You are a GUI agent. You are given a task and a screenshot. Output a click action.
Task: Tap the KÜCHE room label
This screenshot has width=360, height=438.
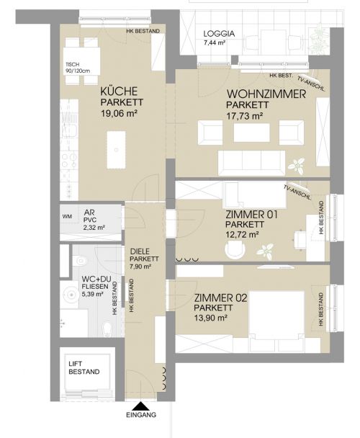click(119, 91)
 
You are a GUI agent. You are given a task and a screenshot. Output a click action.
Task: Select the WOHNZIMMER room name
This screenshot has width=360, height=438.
click(266, 94)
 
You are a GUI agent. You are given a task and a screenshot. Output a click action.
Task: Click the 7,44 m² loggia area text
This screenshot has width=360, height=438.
click(215, 43)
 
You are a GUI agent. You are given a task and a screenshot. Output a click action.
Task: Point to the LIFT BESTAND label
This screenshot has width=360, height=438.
click(84, 367)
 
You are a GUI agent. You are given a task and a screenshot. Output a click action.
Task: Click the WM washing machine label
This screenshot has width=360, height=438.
click(67, 216)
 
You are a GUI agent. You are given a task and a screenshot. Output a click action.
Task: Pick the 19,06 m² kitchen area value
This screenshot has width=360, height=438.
click(119, 113)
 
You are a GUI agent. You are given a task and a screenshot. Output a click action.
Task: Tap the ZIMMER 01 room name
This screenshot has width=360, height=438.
click(251, 215)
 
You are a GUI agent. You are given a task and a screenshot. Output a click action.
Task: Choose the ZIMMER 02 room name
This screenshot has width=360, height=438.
click(220, 298)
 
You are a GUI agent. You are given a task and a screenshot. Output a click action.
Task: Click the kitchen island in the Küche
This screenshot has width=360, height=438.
click(116, 150)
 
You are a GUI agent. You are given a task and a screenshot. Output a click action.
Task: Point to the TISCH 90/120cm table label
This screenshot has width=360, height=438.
click(78, 68)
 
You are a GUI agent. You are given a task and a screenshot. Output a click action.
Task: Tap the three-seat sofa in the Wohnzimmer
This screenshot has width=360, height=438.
click(251, 163)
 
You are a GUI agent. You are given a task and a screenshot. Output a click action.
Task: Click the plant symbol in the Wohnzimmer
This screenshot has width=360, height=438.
click(297, 165)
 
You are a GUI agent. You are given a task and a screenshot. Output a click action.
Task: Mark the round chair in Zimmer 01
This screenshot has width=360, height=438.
click(235, 249)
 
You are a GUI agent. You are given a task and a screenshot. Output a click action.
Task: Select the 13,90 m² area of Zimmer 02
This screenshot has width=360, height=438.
click(210, 318)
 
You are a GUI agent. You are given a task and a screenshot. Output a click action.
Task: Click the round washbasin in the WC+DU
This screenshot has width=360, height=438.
click(71, 295)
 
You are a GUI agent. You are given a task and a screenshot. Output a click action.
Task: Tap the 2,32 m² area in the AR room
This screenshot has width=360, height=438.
click(94, 227)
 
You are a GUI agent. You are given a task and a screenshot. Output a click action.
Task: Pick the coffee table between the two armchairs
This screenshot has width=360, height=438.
click(251, 133)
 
